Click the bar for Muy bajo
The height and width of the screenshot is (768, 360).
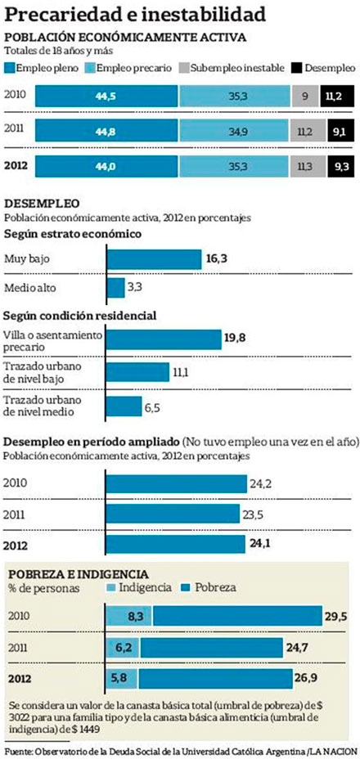(154, 259)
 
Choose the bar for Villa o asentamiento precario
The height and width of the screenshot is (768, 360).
(164, 339)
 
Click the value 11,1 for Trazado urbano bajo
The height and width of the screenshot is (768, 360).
(181, 373)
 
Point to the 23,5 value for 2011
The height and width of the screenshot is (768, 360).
(261, 515)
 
